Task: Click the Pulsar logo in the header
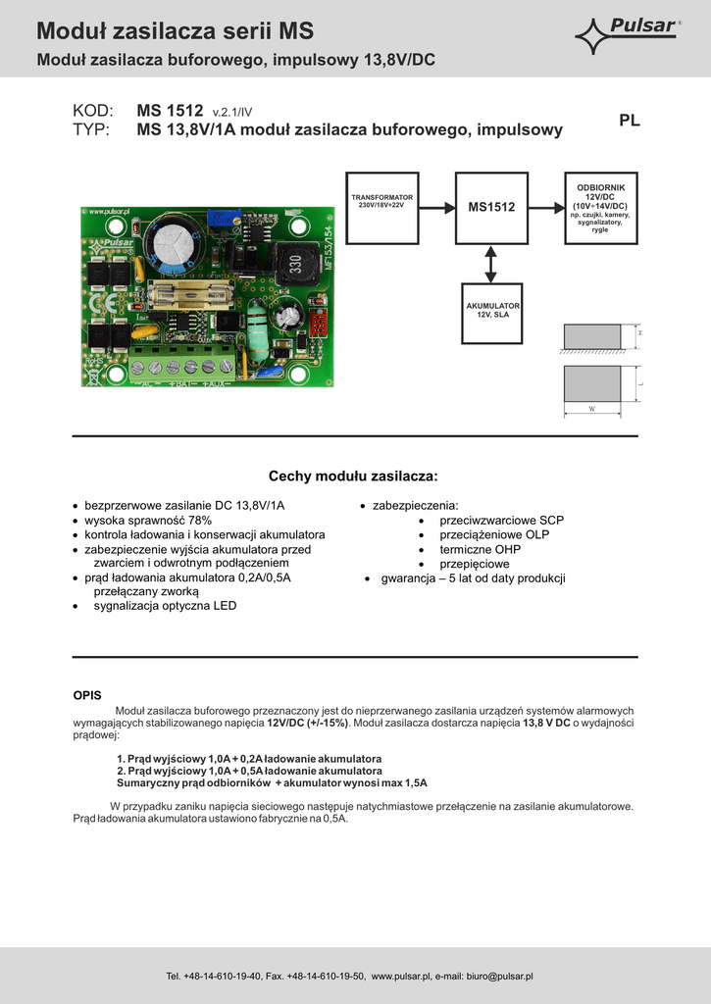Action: point(628,35)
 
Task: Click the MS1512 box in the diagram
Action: point(491,207)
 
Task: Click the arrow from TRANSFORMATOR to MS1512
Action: point(435,207)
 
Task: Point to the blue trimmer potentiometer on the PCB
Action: point(212,224)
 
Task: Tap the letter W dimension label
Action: point(591,408)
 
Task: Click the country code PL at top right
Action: point(630,121)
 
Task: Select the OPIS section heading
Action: point(87,695)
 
